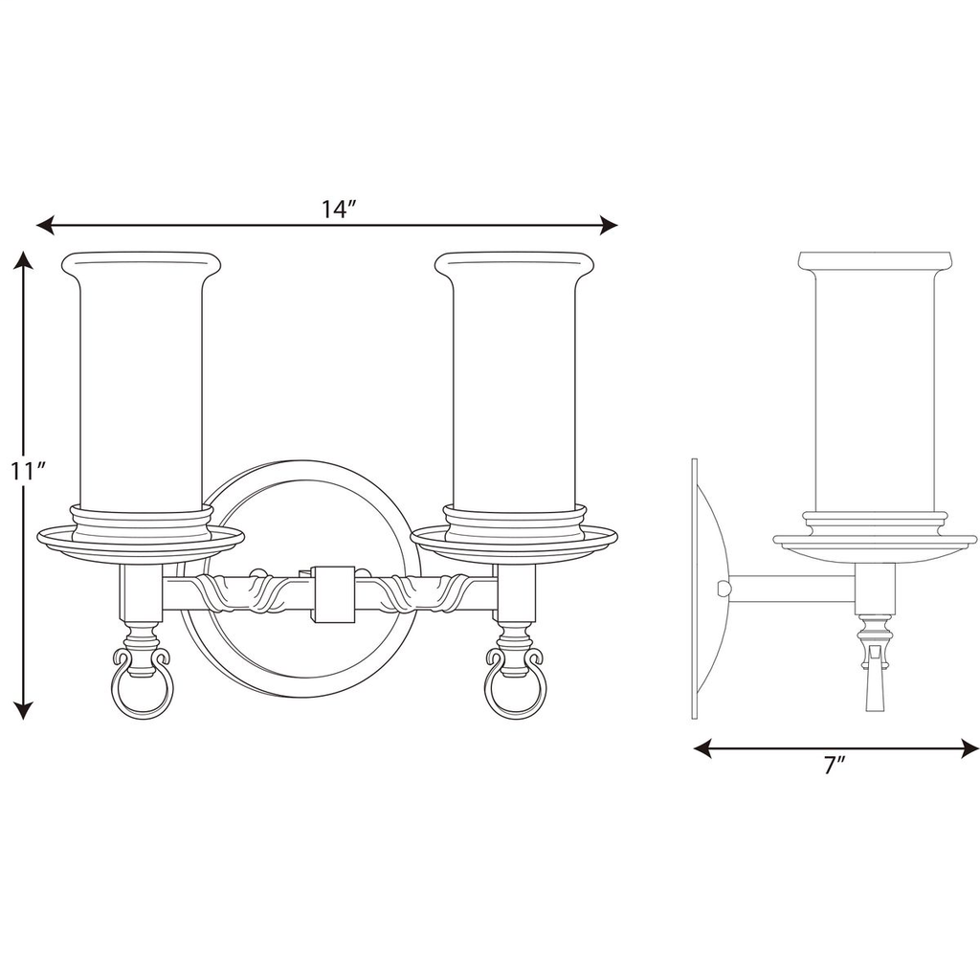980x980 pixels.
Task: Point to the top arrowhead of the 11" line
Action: [25, 260]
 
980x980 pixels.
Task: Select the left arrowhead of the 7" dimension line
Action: [702, 747]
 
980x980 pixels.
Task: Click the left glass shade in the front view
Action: [140, 383]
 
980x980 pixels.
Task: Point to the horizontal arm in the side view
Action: [794, 590]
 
